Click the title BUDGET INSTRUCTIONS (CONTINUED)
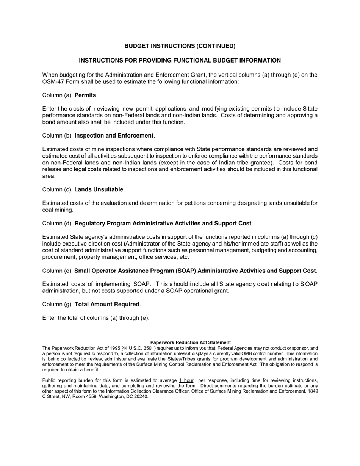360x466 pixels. (180, 46)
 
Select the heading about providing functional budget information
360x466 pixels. (180, 61)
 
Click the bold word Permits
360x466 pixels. (85, 95)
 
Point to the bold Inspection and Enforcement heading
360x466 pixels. (114, 136)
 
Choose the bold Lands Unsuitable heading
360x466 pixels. (99, 189)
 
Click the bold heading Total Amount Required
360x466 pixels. (107, 304)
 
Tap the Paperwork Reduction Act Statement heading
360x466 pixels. (191, 342)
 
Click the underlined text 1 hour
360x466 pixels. (186, 380)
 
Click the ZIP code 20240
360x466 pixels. (141, 397)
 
